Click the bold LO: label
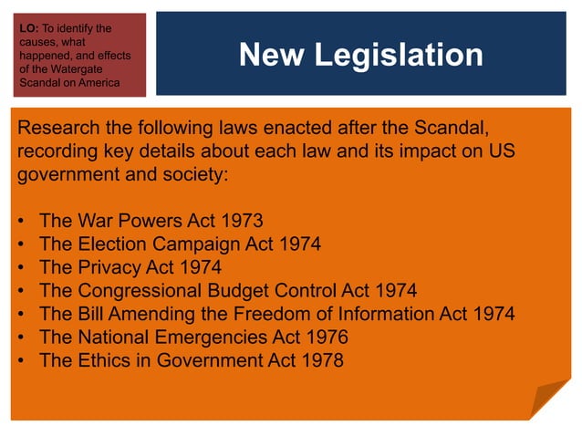[28, 28]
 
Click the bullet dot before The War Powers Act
[21, 222]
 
